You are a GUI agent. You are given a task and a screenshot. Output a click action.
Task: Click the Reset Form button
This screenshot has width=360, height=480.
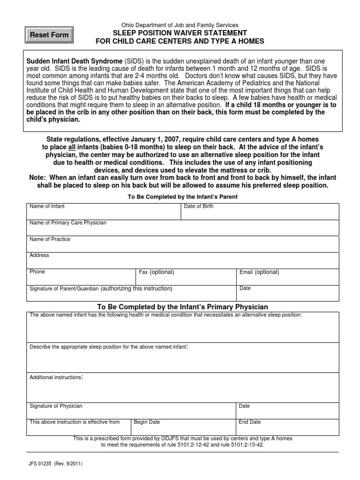[49, 35]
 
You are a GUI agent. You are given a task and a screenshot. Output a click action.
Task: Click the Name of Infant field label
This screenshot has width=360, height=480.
[47, 206]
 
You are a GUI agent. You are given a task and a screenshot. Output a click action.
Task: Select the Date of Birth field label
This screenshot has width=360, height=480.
[199, 206]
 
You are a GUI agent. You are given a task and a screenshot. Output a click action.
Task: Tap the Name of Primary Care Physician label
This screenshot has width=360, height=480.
[68, 223]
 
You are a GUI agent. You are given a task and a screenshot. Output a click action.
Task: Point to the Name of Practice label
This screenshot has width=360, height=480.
[50, 239]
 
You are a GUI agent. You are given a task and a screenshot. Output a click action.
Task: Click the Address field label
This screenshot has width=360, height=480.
[39, 255]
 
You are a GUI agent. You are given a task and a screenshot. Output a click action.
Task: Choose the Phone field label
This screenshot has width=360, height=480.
[37, 272]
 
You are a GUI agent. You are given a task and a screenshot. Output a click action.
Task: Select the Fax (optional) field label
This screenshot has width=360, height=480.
[157, 272]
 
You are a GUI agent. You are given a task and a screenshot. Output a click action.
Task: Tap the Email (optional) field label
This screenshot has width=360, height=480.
[259, 272]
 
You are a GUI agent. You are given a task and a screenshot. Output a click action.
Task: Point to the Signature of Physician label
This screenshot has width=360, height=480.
[56, 406]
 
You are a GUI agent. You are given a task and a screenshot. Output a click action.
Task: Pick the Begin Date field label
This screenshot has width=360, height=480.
[147, 422]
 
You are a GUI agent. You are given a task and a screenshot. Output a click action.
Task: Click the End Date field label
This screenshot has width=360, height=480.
[250, 422]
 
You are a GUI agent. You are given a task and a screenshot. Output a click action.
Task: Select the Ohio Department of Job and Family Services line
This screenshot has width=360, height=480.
[180, 25]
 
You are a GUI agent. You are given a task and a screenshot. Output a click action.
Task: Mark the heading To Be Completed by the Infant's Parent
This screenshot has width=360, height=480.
[183, 197]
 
